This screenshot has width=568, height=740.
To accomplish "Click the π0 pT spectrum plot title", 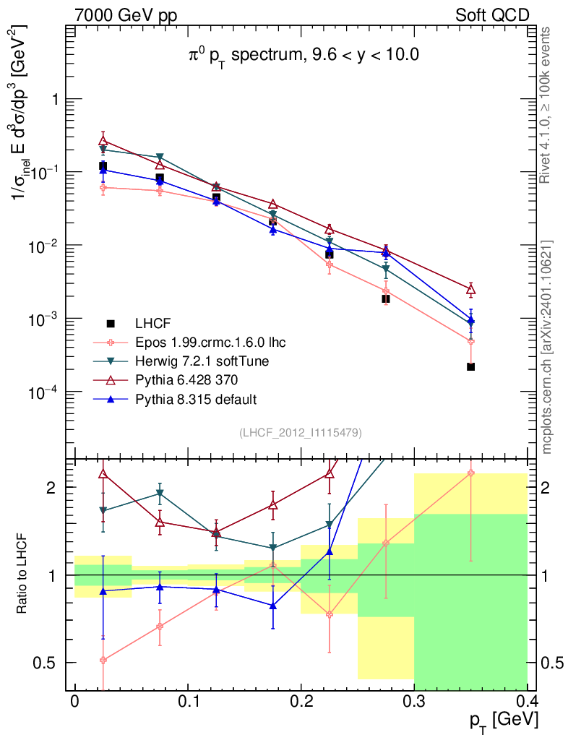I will coord(300,54).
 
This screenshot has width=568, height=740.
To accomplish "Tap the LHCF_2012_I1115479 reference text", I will coord(301,433).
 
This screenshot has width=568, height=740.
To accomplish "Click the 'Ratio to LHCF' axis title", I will coord(24,575).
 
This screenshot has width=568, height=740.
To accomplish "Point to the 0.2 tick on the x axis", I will coord(301,702).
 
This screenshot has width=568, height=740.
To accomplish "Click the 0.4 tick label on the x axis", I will coord(527,702).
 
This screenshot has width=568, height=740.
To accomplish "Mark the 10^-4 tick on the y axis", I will coord(43,392).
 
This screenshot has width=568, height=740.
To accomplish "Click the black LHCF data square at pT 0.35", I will coord(470,367).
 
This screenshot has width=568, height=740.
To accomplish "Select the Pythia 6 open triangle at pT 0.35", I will coord(470,290).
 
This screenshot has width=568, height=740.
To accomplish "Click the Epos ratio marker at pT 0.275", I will coord(386,543).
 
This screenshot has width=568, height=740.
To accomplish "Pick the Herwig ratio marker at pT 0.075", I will coord(160,494).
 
